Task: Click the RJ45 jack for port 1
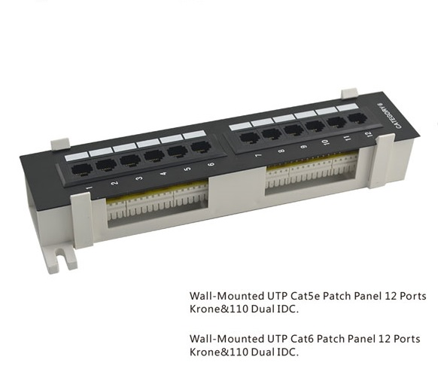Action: pyautogui.click(x=81, y=170)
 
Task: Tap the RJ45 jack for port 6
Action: pyautogui.click(x=201, y=147)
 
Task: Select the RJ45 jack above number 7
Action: pyautogui.click(x=249, y=138)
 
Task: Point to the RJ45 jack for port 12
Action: pyautogui.click(x=357, y=117)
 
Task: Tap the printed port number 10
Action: pyautogui.click(x=325, y=142)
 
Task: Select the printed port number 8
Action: pyautogui.click(x=281, y=151)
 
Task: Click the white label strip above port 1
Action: pyautogui.click(x=76, y=157)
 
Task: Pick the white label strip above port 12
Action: pyautogui.click(x=347, y=107)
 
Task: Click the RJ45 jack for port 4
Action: pyautogui.click(x=154, y=156)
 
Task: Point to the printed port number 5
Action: pyautogui.click(x=187, y=169)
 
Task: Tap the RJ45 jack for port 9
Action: pyautogui.click(x=294, y=130)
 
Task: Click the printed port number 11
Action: pyautogui.click(x=347, y=138)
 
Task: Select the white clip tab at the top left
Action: pyautogui.click(x=59, y=144)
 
